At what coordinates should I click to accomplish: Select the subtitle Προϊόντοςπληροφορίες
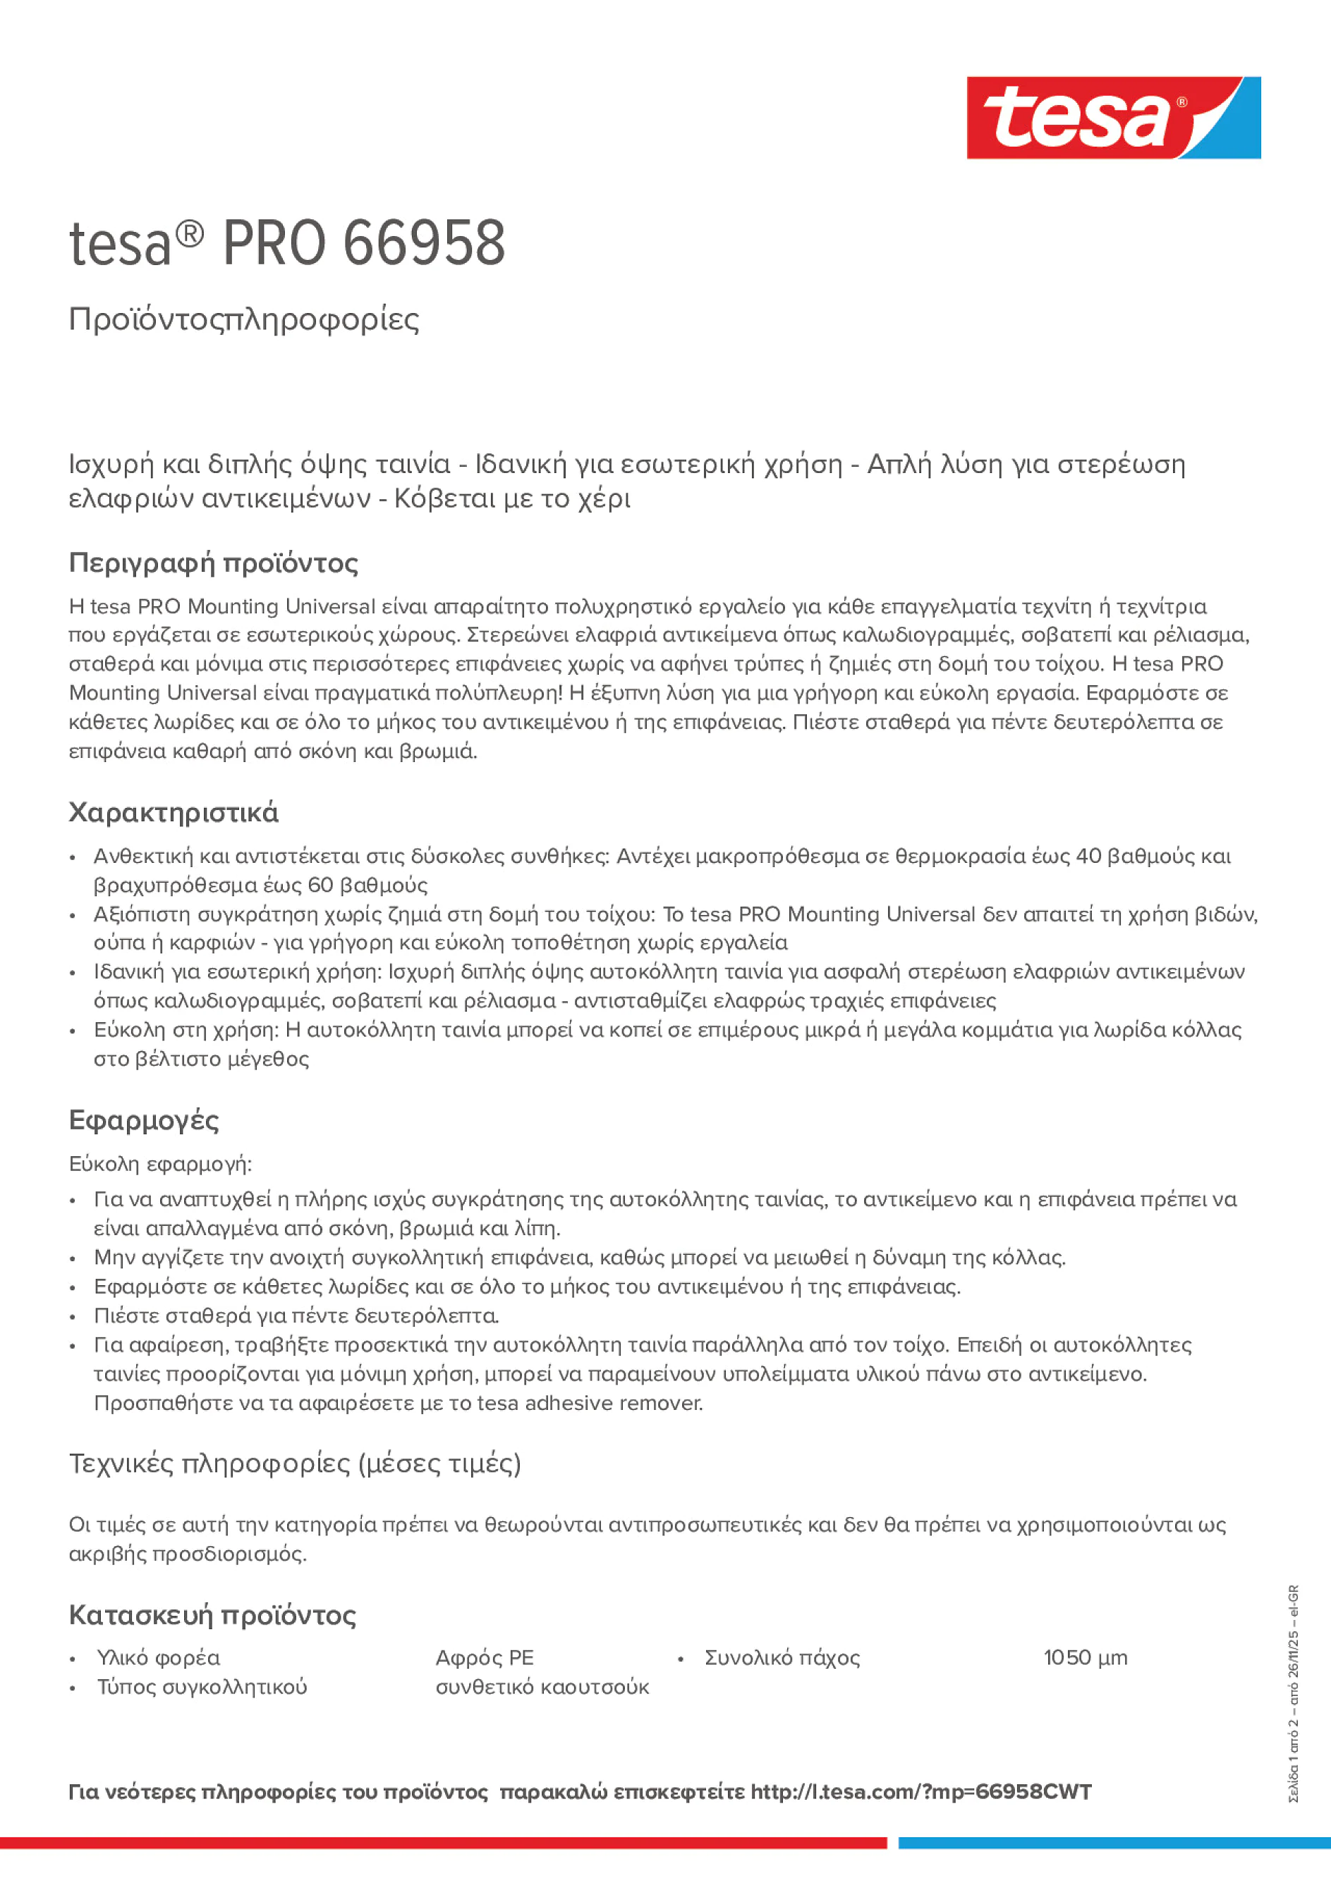[x=244, y=319]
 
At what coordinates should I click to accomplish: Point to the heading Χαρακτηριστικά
[x=173, y=813]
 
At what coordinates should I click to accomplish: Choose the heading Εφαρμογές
[x=144, y=1120]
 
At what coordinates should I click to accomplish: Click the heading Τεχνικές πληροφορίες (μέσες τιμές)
[x=295, y=1463]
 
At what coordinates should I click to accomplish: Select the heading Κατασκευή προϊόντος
[x=212, y=1616]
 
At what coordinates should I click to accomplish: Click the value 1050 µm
[x=1085, y=1657]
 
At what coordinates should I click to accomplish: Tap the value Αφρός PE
[x=484, y=1657]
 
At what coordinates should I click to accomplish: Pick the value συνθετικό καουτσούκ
[x=542, y=1687]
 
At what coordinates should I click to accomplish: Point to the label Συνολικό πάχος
[x=782, y=1657]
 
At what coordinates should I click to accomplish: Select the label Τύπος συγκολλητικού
[x=202, y=1687]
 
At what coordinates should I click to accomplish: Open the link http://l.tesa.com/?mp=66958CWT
[x=920, y=1792]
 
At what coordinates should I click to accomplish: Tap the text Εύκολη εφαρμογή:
[x=160, y=1164]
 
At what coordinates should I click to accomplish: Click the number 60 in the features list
[x=320, y=885]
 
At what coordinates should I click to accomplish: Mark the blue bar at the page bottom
[x=1114, y=1843]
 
